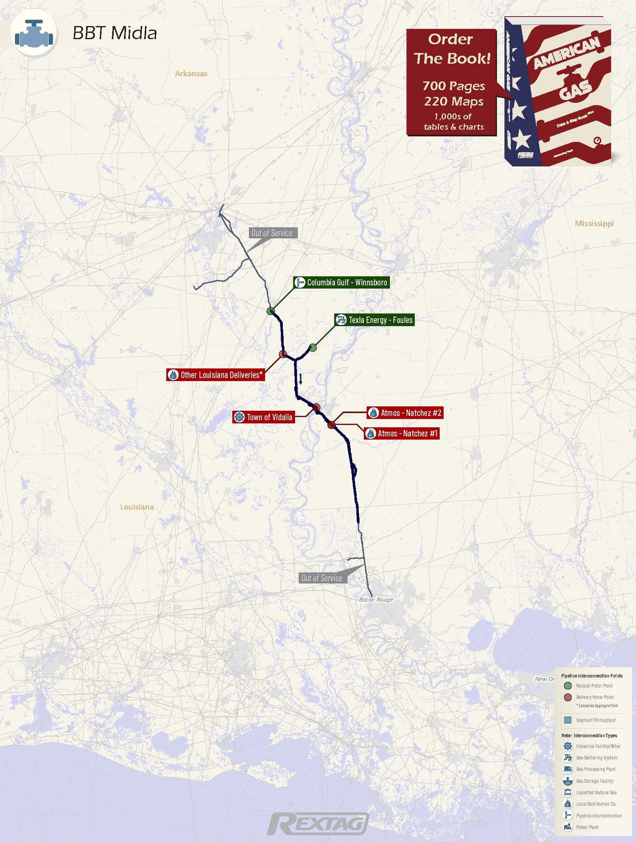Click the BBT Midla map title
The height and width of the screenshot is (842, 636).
pyautogui.click(x=114, y=33)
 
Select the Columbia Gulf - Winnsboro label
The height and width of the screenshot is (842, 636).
pyautogui.click(x=341, y=283)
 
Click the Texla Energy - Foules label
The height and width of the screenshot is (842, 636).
pyautogui.click(x=374, y=320)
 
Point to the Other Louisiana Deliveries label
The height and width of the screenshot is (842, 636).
pyautogui.click(x=216, y=375)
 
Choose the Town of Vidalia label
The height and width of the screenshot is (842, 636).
pyautogui.click(x=264, y=417)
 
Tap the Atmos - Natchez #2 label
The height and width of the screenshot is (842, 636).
pyautogui.click(x=405, y=413)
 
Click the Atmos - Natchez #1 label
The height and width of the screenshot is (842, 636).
pyautogui.click(x=402, y=433)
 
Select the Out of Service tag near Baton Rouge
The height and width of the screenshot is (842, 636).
pyautogui.click(x=322, y=578)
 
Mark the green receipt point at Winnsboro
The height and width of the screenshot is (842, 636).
pyautogui.click(x=271, y=311)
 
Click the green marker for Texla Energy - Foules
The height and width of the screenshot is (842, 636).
pyautogui.click(x=313, y=348)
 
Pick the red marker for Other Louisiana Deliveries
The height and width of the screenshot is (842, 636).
pyautogui.click(x=283, y=354)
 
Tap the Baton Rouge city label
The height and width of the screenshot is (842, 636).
pyautogui.click(x=376, y=600)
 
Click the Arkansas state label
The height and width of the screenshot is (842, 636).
pyautogui.click(x=191, y=73)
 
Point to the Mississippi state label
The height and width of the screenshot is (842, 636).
pyautogui.click(x=594, y=223)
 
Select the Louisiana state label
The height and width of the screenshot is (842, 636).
pyautogui.click(x=137, y=507)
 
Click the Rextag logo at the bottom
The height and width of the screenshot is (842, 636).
pyautogui.click(x=318, y=824)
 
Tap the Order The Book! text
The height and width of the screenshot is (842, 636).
pyautogui.click(x=452, y=49)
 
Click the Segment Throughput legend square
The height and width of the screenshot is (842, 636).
pyautogui.click(x=568, y=720)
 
